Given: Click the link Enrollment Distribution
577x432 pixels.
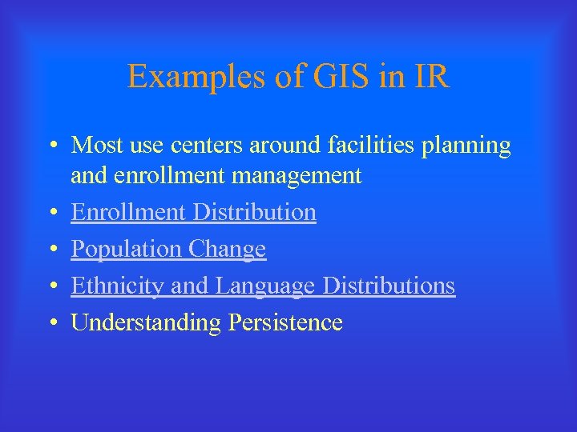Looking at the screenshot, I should click(193, 212).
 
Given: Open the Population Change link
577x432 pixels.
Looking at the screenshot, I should click(168, 249).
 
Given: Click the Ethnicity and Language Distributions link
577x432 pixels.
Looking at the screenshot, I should click(263, 286).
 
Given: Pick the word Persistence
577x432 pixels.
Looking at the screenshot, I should click(285, 322).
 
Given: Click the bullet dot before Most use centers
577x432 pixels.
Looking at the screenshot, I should click(51, 146).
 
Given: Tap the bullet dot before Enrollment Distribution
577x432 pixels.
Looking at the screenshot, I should click(51, 213).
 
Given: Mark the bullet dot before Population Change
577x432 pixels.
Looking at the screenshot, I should click(51, 250).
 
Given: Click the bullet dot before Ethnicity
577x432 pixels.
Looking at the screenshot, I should click(51, 286).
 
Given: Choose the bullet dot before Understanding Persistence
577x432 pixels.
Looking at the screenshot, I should click(51, 323).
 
